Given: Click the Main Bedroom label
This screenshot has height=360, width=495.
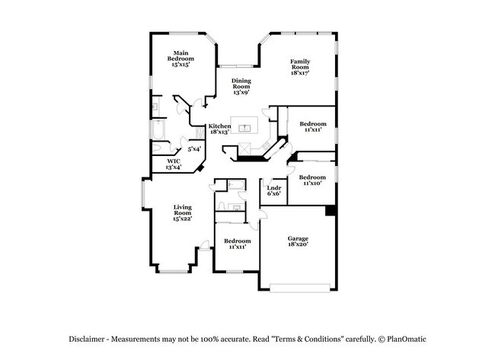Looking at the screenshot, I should pos(180,58).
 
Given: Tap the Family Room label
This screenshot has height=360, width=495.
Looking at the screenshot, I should pos(300,68).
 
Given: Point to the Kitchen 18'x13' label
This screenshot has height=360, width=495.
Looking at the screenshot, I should pos(220,129).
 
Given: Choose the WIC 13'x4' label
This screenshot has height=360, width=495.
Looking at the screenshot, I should pos(173,163).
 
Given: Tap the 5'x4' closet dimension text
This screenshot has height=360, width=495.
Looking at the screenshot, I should pos(194,149).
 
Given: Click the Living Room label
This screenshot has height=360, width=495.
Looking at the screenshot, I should pos(181,211).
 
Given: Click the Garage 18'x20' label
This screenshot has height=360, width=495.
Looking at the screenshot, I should pos(298,242).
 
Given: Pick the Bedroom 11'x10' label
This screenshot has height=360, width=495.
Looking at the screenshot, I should pos(312,180).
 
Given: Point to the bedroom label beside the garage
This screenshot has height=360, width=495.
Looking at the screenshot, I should pos(237,244).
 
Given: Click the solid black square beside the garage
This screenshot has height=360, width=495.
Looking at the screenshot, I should pos(331,211).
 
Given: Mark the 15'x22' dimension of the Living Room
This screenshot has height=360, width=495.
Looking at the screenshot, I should pos(181,218).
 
